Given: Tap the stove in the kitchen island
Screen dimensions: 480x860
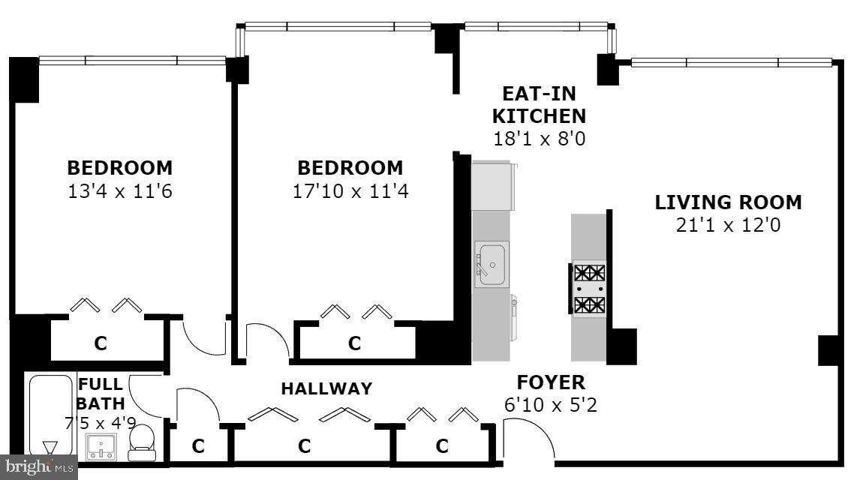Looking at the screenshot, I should coord(589,289).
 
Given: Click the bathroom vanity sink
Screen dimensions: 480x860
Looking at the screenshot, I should coord(101,447).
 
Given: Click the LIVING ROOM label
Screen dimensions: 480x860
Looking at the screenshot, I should coord(728,202).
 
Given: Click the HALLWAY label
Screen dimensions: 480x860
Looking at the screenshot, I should coord(326,388).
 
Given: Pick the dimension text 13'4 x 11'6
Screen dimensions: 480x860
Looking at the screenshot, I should coord(120,191).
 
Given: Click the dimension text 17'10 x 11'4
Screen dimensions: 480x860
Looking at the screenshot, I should coord(350,191).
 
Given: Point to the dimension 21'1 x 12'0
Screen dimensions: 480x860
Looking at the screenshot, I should coord(728,225).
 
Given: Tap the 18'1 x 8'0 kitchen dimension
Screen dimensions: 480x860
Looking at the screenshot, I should coord(539,139).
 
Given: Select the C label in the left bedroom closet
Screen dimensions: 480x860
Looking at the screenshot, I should coord(100,343).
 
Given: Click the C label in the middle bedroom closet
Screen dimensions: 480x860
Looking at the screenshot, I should coord(354,343).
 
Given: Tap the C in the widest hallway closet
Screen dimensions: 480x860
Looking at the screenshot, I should coord(304,446).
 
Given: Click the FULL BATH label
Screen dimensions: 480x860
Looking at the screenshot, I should coord(101,394).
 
